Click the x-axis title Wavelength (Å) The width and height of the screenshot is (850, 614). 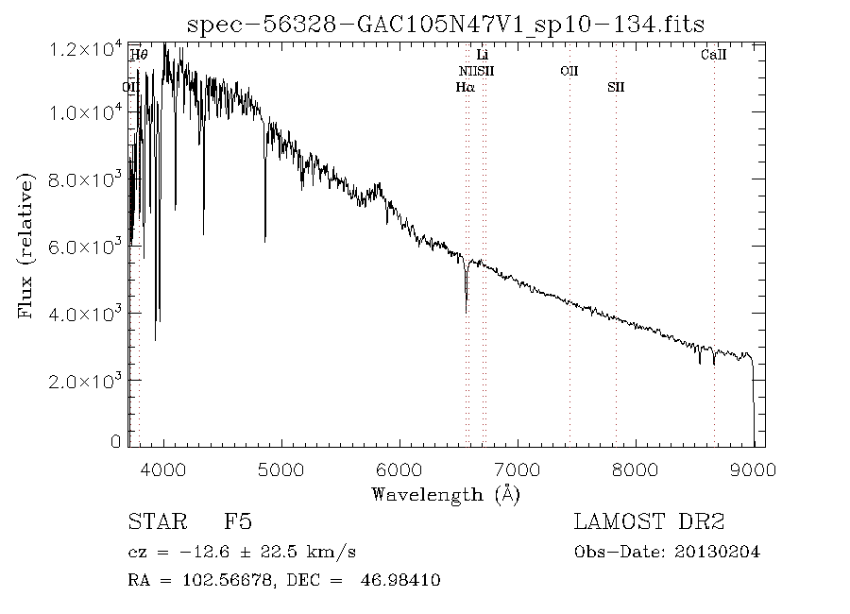pos(446,493)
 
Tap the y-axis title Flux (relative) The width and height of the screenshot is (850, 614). pos(26,246)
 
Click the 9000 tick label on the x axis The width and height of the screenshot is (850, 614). pos(753,469)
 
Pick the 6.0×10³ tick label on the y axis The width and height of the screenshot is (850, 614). pos(86,247)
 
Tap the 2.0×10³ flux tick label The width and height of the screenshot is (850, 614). pos(86,381)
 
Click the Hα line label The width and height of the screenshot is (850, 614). pos(465,87)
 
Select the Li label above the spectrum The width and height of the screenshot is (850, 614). pos(482,56)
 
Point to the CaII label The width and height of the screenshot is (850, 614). pos(713,56)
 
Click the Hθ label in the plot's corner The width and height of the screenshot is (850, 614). pos(138,56)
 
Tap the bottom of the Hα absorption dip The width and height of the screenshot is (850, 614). pos(466,310)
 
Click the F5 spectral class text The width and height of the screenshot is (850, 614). pos(238,521)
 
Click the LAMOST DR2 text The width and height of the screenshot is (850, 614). pos(649,521)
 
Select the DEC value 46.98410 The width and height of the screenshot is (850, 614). pos(400,580)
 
